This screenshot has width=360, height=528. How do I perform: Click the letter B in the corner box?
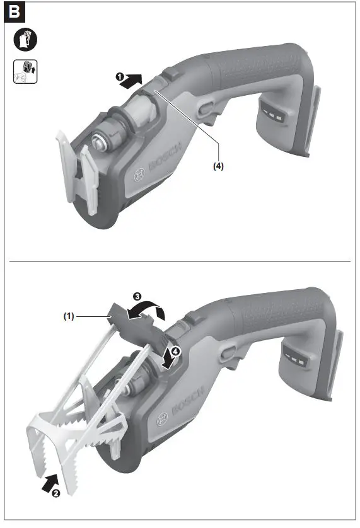coord(16,12)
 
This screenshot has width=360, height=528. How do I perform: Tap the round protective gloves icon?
coord(25,40)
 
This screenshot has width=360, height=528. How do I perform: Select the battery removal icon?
coord(25,72)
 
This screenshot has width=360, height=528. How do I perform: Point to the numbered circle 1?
coord(119,77)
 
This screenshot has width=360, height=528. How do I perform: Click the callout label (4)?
coord(218,167)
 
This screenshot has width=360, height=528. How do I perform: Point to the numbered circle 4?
coord(177,353)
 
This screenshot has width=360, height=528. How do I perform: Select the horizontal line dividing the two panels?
coord(180,261)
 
